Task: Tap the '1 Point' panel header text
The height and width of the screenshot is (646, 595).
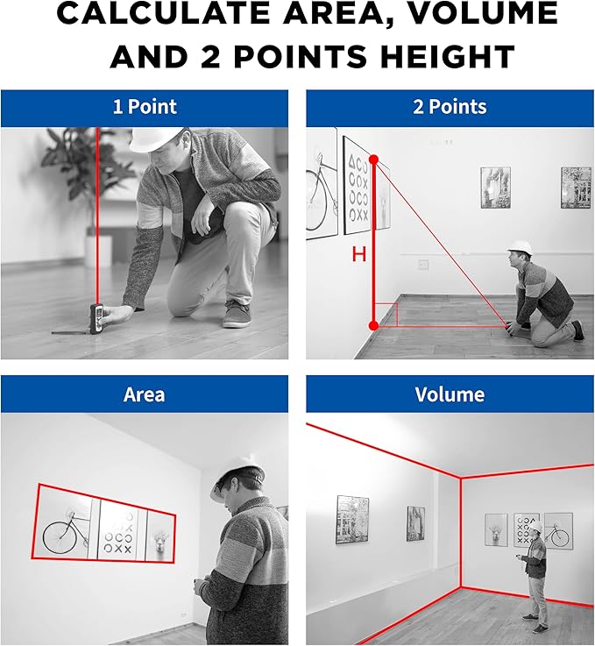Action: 145,107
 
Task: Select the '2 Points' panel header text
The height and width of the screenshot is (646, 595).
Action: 450,107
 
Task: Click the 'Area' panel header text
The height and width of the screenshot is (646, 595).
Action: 144,394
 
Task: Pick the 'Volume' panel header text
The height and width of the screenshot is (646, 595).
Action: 450,394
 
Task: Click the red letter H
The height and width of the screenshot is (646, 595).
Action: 359,254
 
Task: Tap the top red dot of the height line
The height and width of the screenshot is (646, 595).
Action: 374,160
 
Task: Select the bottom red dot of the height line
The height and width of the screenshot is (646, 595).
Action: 374,326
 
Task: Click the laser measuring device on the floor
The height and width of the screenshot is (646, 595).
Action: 96,318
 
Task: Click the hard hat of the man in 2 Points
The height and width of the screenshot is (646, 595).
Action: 520,246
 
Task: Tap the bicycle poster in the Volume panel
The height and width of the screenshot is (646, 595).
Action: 558,531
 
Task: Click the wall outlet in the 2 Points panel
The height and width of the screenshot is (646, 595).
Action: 423,264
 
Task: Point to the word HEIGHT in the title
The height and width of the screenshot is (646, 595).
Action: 448,56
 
